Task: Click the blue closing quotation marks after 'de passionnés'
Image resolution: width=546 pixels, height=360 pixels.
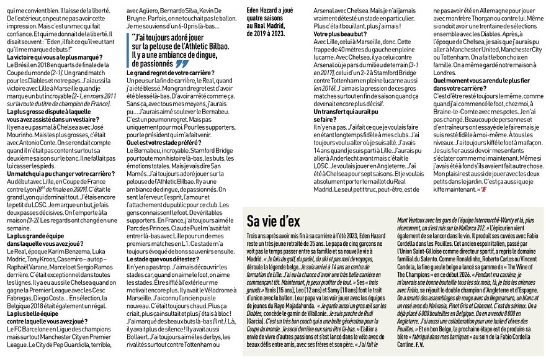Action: coord(181,63)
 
